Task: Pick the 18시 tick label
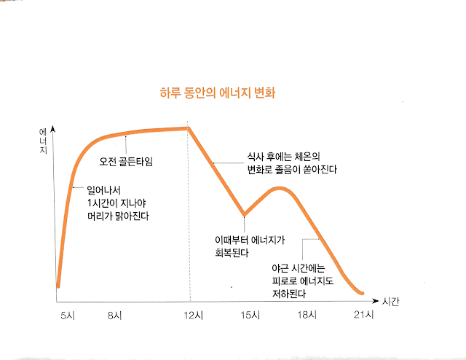pyautogui.click(x=308, y=315)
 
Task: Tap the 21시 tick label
pyautogui.click(x=363, y=315)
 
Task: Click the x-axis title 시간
pyautogui.click(x=391, y=301)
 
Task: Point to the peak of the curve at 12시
pyautogui.click(x=189, y=128)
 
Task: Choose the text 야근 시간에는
pyautogui.click(x=299, y=267)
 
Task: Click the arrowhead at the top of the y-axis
pyautogui.click(x=55, y=128)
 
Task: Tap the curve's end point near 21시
pyautogui.click(x=362, y=293)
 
